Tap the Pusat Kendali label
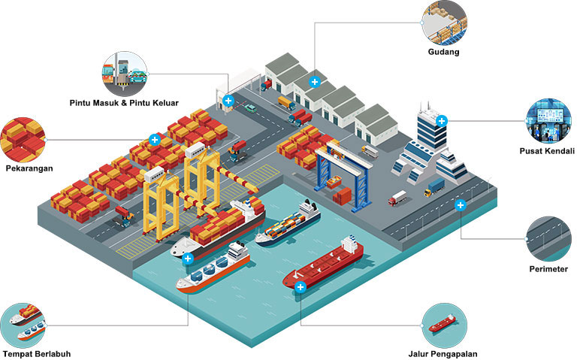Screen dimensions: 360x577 pyautogui.click(x=547, y=150)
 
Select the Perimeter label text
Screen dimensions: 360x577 pyautogui.click(x=548, y=268)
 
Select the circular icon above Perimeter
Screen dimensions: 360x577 pyautogui.click(x=548, y=237)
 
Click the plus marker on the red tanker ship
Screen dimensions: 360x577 pyautogui.click(x=301, y=287)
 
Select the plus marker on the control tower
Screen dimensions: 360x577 pyautogui.click(x=443, y=120)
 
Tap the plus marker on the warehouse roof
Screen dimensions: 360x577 pyautogui.click(x=315, y=81)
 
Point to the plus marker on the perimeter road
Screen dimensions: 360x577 pyautogui.click(x=461, y=204)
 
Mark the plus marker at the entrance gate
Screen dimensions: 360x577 pyautogui.click(x=228, y=99)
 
